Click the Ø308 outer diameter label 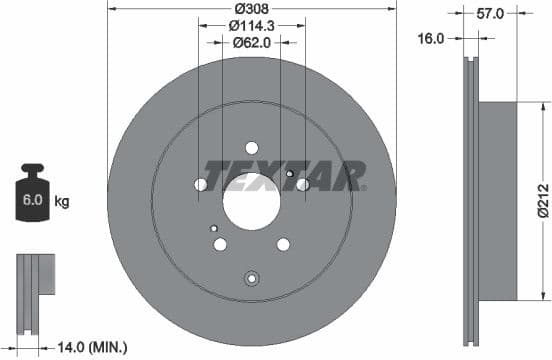coord(252,9)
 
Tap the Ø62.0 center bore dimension coord(252,42)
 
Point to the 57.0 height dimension coord(489,16)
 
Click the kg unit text coord(62,202)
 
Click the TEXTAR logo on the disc coord(284,176)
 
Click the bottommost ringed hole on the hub coord(252,279)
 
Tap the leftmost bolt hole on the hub coord(201,185)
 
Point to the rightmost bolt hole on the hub coord(302,185)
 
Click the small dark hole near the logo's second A coord(290,174)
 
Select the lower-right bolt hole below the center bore coord(283,244)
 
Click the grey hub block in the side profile coord(499,200)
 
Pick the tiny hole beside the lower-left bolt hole coord(214,229)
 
